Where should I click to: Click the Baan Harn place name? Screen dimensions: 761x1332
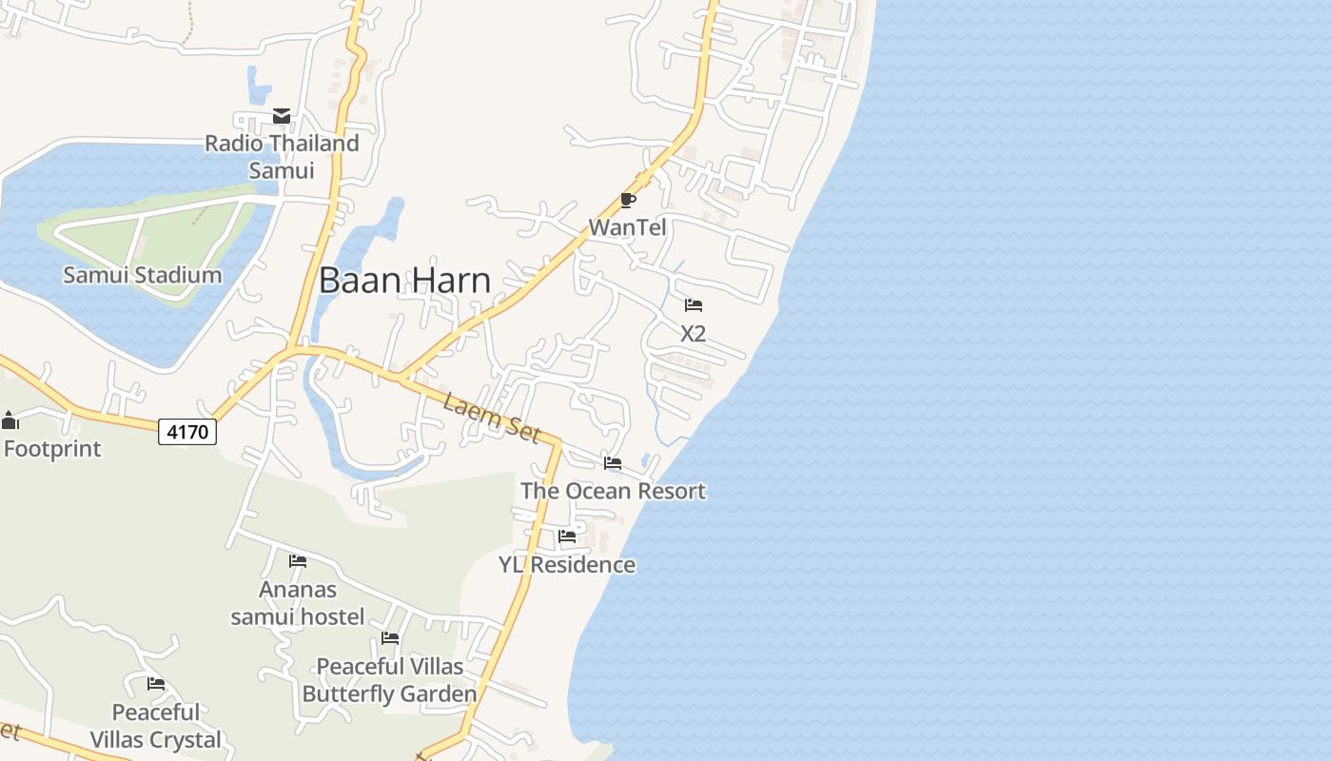point(404,280)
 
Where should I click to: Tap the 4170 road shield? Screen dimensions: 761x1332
point(187,432)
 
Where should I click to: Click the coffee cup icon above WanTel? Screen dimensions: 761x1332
point(627,200)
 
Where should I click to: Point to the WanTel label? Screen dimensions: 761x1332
point(627,227)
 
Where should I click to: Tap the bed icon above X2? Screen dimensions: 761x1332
point(694,305)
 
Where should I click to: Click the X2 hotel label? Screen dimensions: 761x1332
point(694,333)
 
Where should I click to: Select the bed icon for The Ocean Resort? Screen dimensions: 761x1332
point(613,463)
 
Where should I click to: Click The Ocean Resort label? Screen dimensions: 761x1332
point(613,491)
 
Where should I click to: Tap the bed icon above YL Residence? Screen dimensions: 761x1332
point(567,537)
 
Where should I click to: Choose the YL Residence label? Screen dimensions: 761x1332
point(567,564)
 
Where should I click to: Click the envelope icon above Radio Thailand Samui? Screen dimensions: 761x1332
point(282,116)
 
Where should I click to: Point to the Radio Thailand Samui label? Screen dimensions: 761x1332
point(283,157)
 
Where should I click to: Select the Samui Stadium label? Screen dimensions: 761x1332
point(143,275)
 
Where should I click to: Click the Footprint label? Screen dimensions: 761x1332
point(52,448)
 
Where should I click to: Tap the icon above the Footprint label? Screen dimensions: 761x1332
point(10,420)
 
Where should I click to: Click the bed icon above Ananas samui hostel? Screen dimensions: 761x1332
point(298,561)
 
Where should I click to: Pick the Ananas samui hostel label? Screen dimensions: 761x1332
point(298,603)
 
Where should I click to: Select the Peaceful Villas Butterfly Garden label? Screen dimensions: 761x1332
point(389,680)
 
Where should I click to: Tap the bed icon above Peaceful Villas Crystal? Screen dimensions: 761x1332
point(156,684)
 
